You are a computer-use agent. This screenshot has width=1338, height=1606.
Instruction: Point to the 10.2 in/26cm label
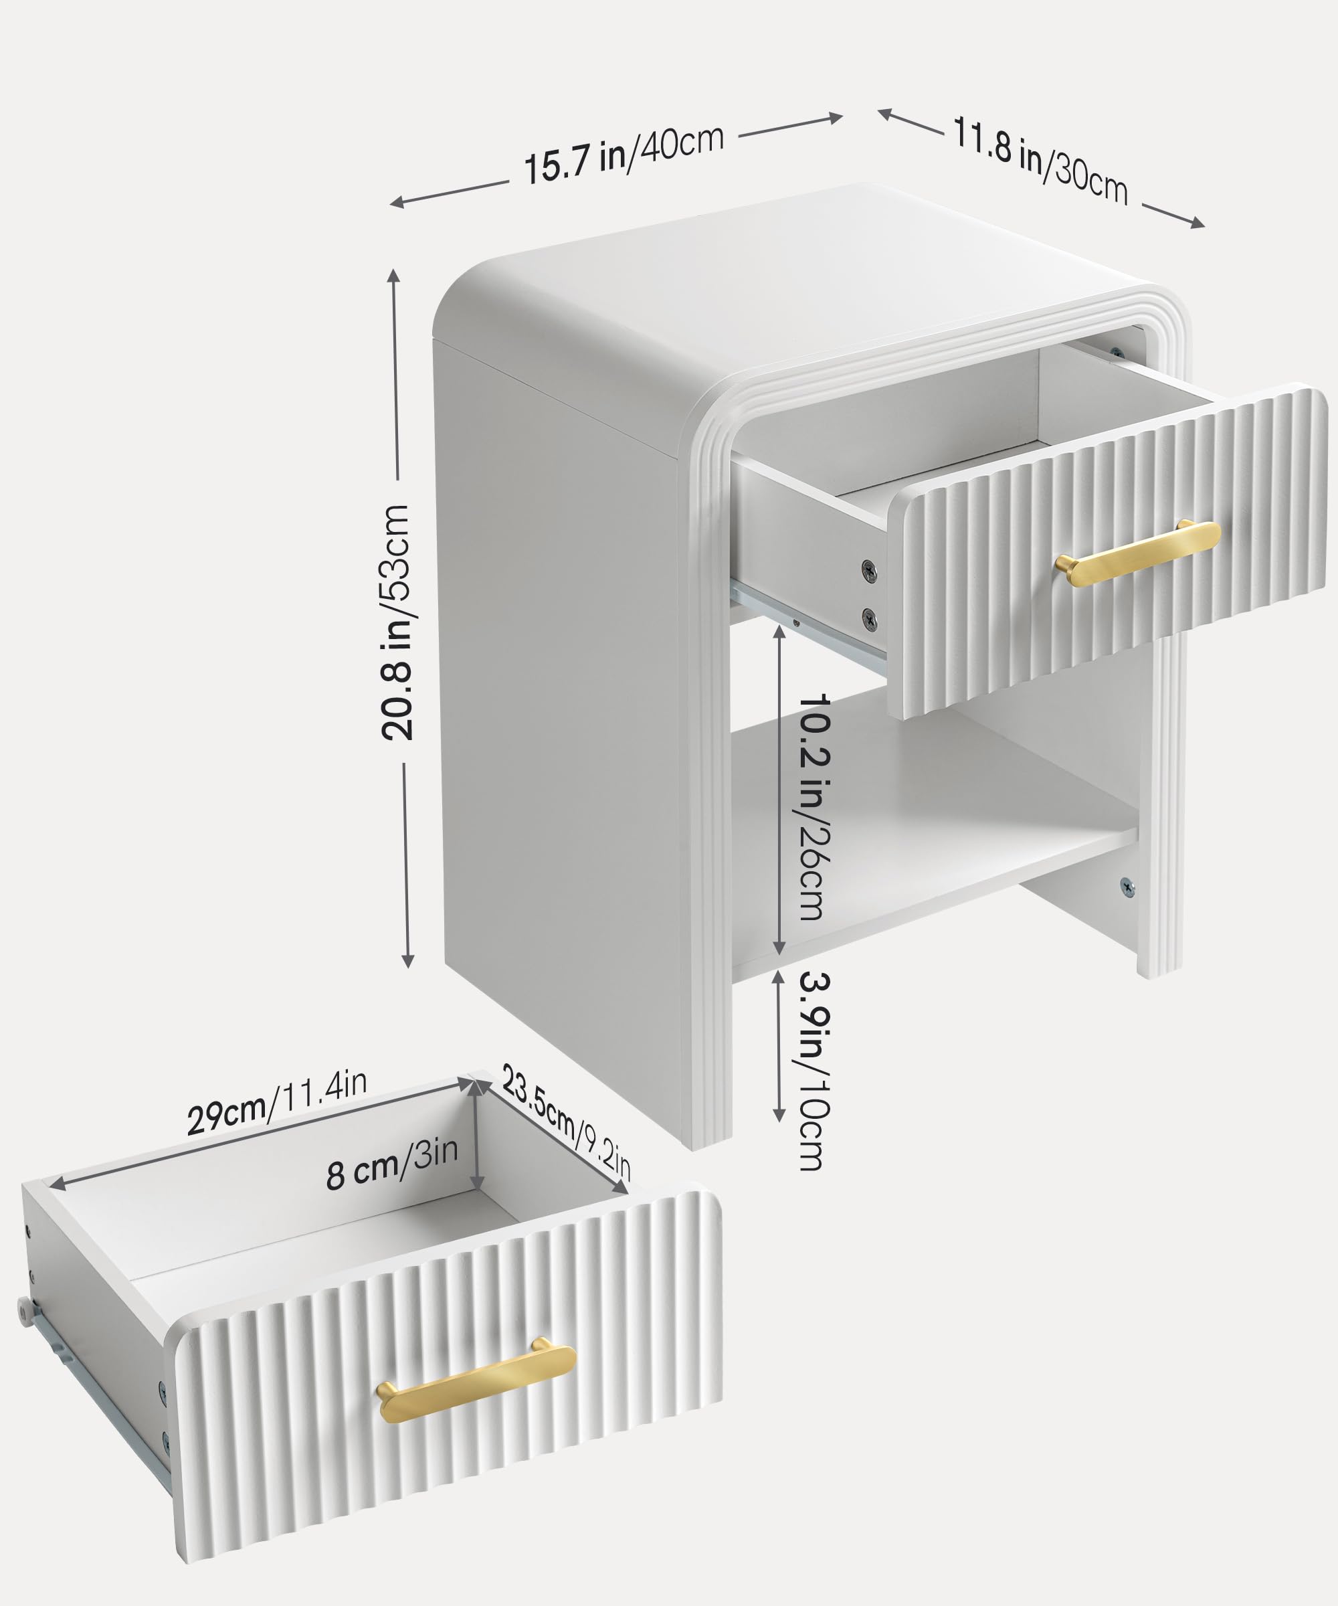point(812,807)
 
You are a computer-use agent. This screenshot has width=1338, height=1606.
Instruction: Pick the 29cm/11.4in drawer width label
point(277,1101)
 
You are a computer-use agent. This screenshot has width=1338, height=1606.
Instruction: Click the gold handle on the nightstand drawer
point(1137,553)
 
